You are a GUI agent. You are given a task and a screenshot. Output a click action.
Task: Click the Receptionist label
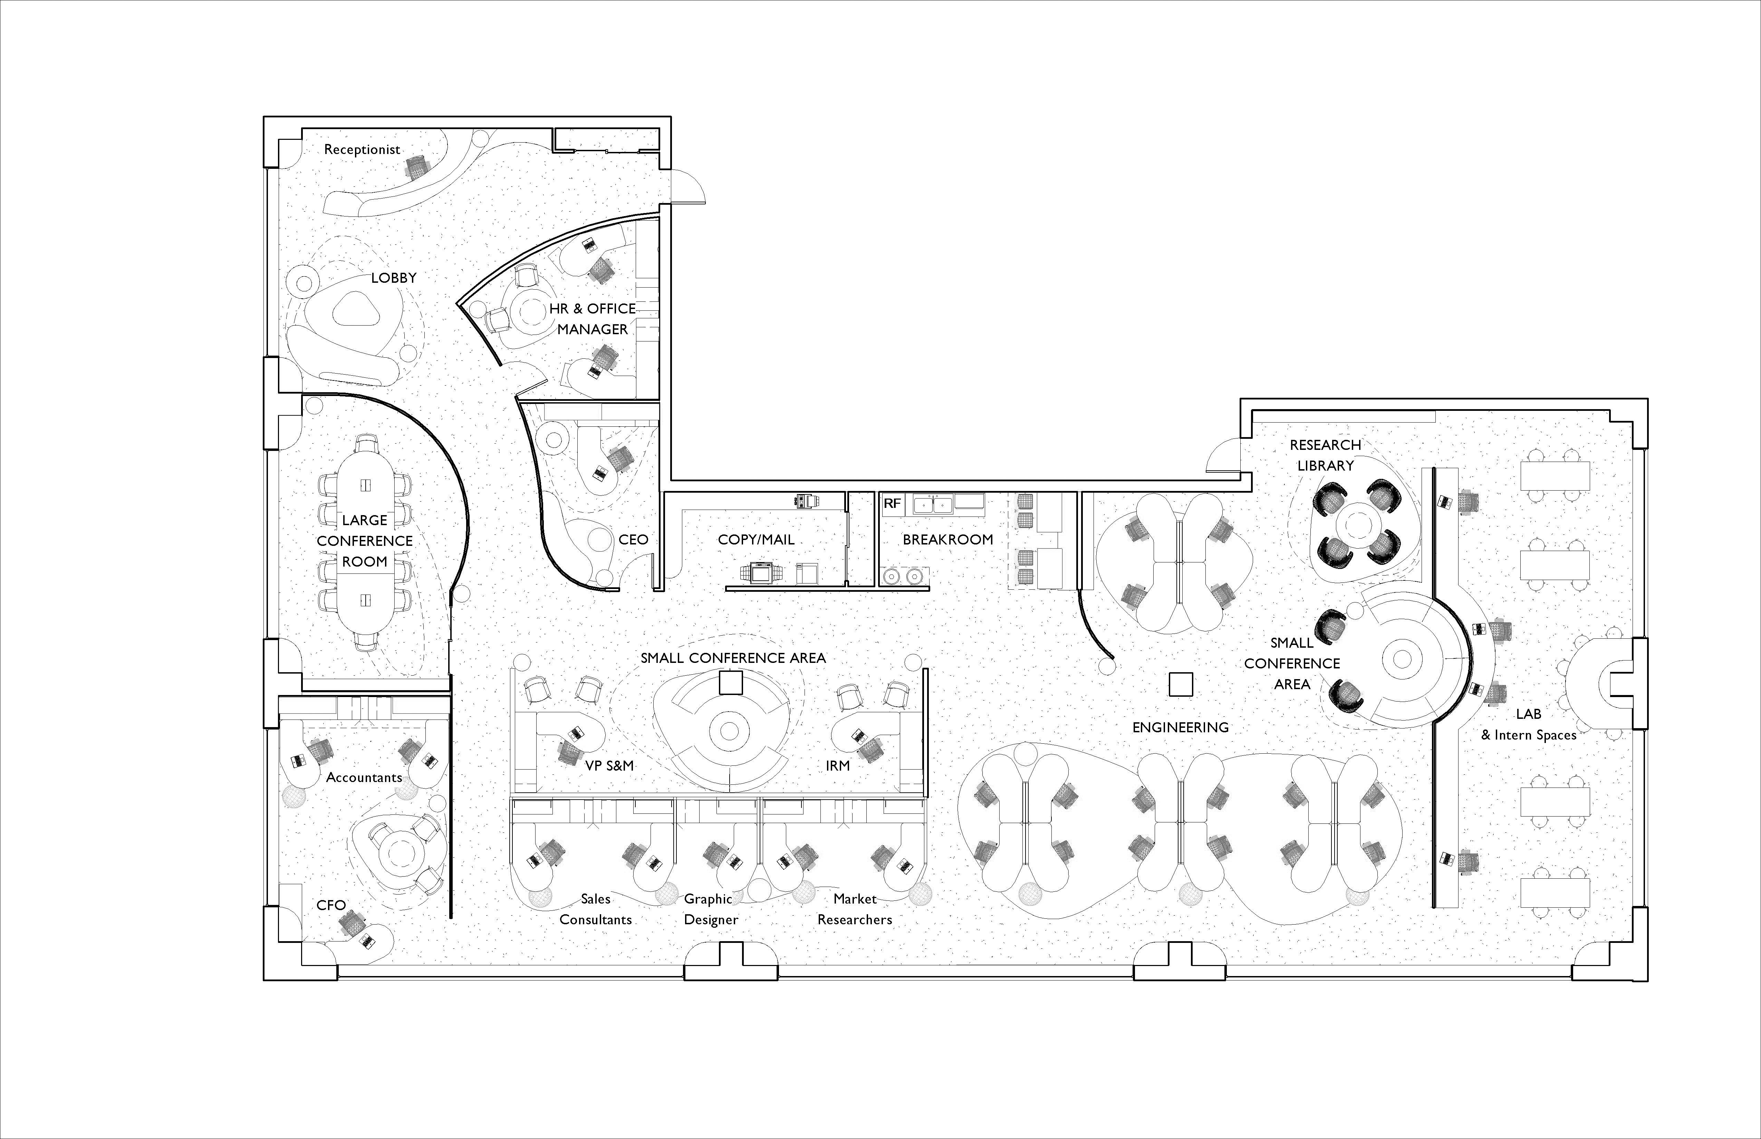tap(362, 149)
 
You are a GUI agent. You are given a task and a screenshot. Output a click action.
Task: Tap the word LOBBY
tap(394, 278)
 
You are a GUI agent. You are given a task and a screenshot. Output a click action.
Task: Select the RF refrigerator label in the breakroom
tap(892, 504)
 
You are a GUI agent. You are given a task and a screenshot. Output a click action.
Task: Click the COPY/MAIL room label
tap(756, 540)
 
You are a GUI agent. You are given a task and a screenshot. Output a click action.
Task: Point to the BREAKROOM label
tap(947, 540)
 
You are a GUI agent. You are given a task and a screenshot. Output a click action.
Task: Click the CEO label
tap(633, 540)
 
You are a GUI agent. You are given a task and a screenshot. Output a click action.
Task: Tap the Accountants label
tap(364, 777)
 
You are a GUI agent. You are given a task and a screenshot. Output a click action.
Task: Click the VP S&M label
tap(609, 765)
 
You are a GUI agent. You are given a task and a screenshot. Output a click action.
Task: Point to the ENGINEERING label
tap(1181, 728)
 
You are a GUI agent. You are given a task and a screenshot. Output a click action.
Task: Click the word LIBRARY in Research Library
tap(1325, 466)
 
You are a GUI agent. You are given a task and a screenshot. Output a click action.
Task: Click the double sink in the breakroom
tap(932, 505)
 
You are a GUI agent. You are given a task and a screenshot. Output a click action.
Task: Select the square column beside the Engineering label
tap(1181, 684)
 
